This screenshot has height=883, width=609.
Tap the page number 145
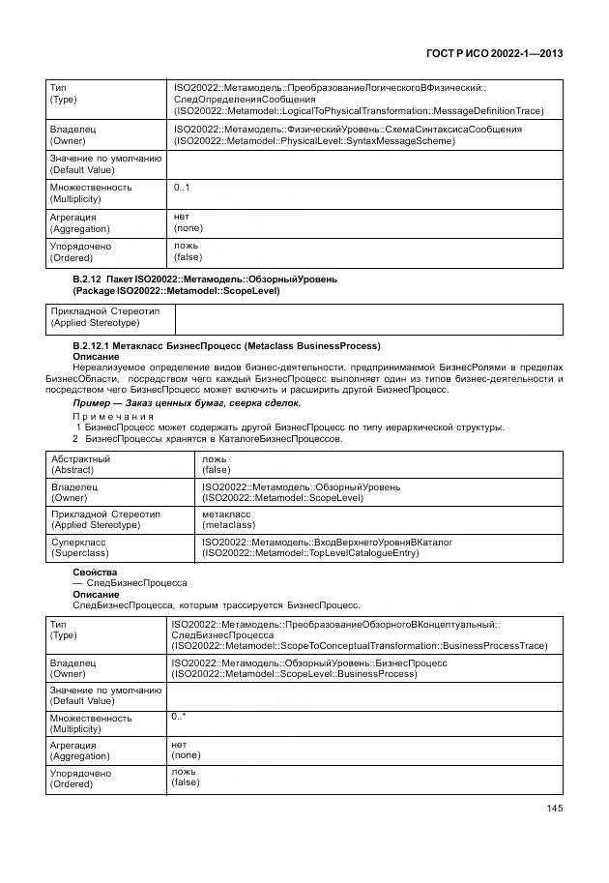click(554, 809)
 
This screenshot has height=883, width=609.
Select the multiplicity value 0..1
click(182, 187)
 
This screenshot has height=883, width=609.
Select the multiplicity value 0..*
click(179, 717)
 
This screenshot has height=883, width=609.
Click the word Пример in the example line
click(94, 402)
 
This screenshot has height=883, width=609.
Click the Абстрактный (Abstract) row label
click(81, 463)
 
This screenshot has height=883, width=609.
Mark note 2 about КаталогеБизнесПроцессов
click(208, 438)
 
